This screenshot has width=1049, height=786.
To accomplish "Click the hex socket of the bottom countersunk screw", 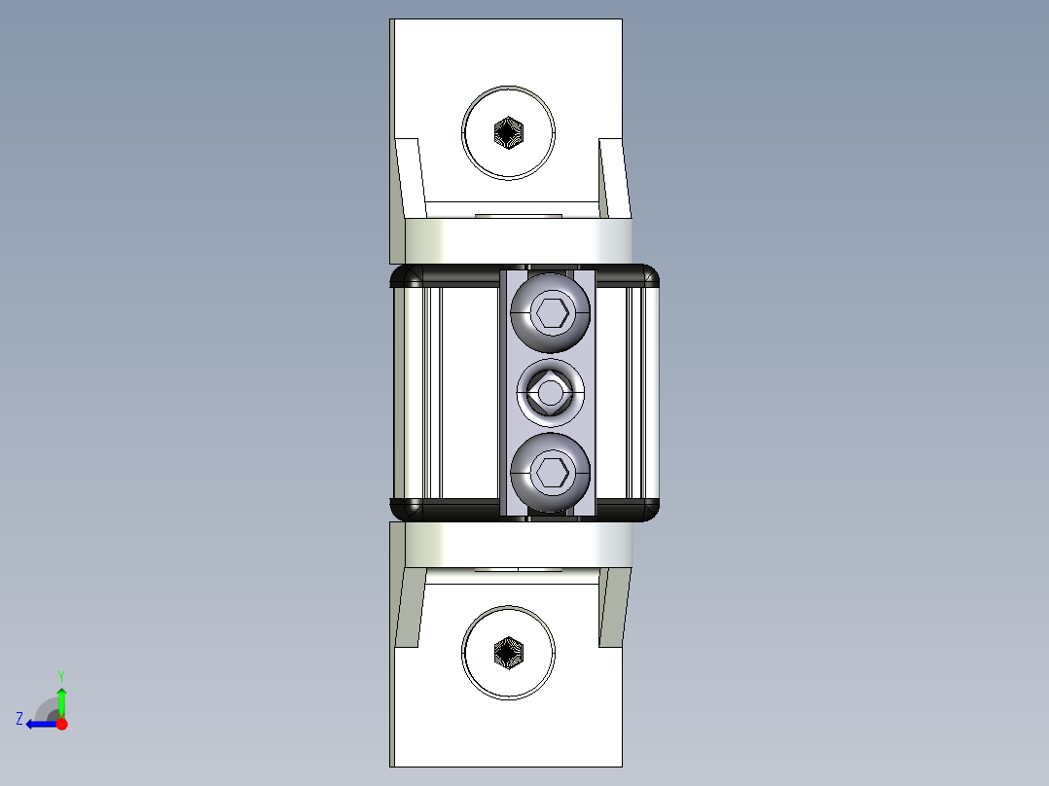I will tap(508, 653).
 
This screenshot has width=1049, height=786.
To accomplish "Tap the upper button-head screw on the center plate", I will tap(551, 312).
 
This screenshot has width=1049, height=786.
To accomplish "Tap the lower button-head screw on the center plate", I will tap(551, 473).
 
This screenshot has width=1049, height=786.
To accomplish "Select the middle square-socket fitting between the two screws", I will tap(551, 393).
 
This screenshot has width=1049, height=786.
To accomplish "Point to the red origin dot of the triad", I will tap(61, 724).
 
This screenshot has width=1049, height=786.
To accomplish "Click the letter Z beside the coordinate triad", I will tap(19, 718).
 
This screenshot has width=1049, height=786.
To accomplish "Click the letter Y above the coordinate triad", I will tap(61, 675).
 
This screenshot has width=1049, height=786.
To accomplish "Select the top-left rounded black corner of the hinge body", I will tap(403, 277).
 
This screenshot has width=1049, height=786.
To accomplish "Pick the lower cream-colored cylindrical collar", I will tap(518, 545).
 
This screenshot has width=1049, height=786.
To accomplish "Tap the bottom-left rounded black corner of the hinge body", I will tap(403, 509).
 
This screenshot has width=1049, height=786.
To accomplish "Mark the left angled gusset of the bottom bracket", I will tap(409, 608).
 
